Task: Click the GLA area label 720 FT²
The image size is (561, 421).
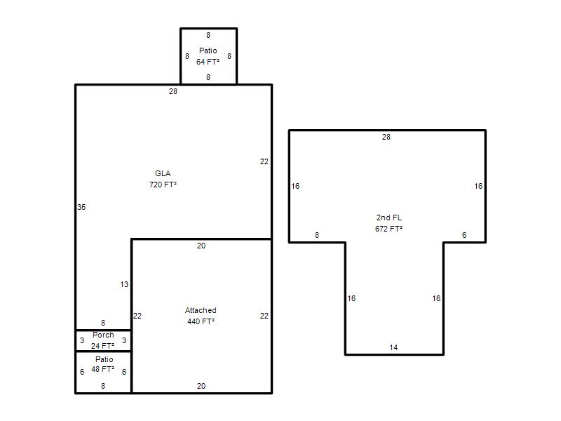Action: coord(163,185)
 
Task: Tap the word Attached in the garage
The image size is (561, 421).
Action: coord(201,310)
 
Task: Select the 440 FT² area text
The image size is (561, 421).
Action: coord(201,321)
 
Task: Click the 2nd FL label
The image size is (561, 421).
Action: coord(389,218)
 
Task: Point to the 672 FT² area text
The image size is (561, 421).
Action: coord(389,229)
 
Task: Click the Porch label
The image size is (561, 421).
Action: coord(103,335)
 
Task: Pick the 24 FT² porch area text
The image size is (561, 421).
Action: coord(102,346)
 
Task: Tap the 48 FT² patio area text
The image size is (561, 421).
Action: coord(102,369)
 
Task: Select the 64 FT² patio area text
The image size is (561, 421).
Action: coord(208,62)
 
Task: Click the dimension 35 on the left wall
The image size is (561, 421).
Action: coord(81,207)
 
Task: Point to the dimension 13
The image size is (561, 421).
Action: coord(124,284)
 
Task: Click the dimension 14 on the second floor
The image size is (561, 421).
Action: coord(393,347)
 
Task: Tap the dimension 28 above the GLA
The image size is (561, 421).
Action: coord(173,92)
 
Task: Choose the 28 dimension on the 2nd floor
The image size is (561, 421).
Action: coord(386,137)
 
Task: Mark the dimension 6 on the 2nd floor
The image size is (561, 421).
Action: coord(464,235)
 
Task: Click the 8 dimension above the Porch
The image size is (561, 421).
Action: coord(103,323)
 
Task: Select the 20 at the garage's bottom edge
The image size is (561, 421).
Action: coord(201,386)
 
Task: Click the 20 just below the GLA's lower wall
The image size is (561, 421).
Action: coord(201,246)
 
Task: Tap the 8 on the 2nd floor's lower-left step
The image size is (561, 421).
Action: coord(317,235)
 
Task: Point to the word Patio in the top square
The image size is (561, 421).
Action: coord(208,51)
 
